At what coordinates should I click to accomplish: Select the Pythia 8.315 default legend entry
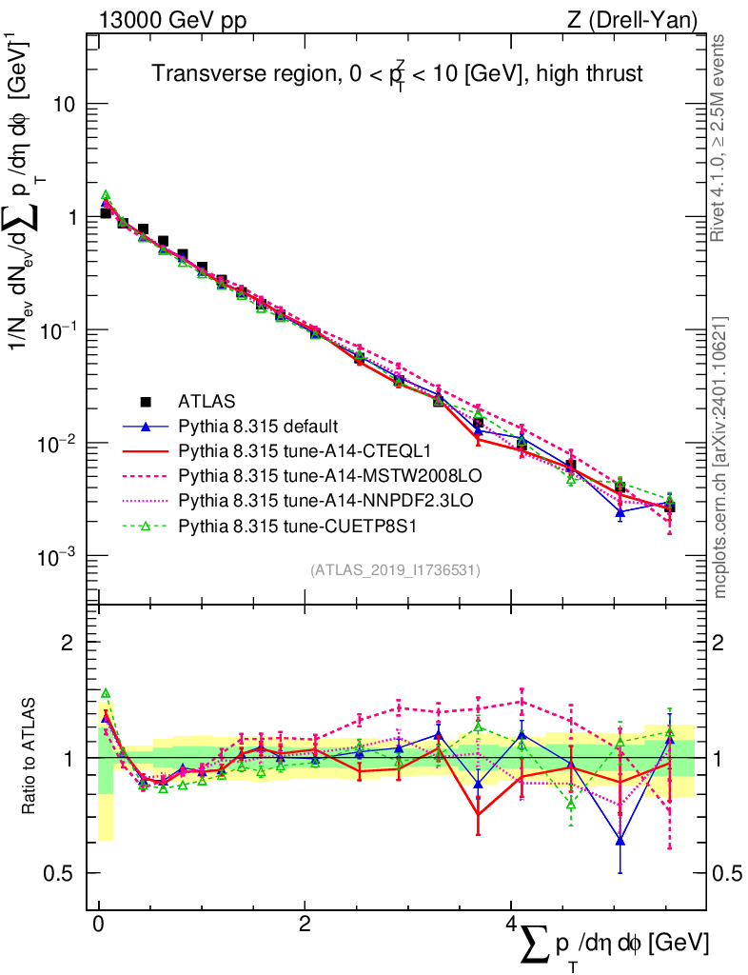coord(258,426)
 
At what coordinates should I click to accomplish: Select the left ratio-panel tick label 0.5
coord(63,873)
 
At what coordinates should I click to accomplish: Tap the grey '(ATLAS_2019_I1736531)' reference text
coord(395,570)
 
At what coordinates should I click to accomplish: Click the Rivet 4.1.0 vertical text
coord(719,138)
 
